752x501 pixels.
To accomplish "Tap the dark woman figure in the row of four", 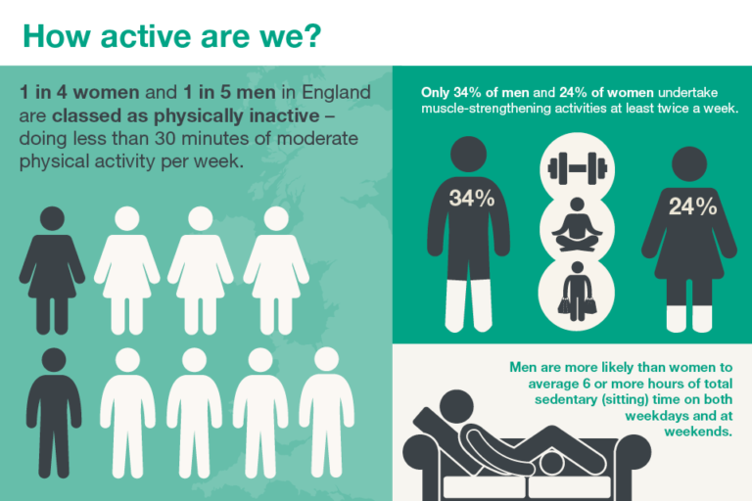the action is tap(52, 270).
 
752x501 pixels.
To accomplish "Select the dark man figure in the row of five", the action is tap(54, 413).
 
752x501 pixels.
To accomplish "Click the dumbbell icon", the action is tap(578, 168).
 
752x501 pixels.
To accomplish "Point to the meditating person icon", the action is tap(577, 224).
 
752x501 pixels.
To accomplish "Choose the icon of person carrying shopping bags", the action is tap(578, 292).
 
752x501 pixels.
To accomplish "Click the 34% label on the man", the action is tap(471, 198).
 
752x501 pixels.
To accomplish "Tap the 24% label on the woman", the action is tap(692, 206).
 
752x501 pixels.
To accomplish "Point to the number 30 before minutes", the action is tap(164, 139).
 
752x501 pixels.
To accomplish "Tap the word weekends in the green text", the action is tap(698, 431).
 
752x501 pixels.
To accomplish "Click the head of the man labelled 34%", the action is tap(469, 154).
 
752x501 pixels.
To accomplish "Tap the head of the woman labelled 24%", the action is tap(689, 164).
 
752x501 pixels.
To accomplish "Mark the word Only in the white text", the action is tap(435, 93).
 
